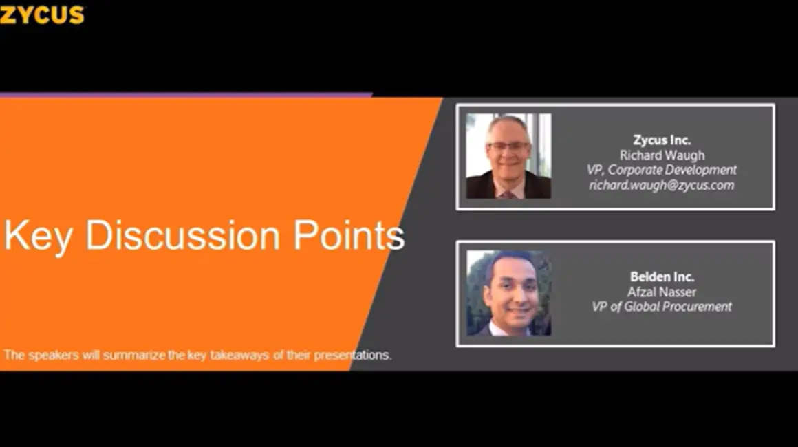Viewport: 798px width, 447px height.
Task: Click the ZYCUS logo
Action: [x=42, y=14]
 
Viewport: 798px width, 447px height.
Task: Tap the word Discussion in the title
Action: [x=182, y=235]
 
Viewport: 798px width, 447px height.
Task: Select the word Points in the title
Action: [x=349, y=235]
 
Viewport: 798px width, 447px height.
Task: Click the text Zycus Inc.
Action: [x=662, y=140]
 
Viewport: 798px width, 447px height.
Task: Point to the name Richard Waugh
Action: [x=662, y=155]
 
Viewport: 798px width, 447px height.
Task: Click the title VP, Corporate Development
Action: [x=662, y=170]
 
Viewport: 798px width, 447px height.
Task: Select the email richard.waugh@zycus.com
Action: [x=662, y=185]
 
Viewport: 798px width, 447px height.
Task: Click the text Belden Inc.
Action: [x=662, y=276]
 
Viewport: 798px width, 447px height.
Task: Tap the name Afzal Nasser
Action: [x=662, y=292]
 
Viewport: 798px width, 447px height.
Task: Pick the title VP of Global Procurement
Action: [x=662, y=307]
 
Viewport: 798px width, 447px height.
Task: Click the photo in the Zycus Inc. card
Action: [x=508, y=155]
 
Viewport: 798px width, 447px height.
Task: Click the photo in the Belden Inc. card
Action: [x=508, y=293]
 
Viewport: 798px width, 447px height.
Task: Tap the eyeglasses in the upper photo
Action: [x=508, y=146]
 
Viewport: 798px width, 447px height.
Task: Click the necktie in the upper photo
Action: [x=508, y=194]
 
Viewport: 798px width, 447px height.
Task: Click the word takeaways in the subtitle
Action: [x=239, y=355]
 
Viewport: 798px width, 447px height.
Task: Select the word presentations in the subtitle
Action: [x=353, y=355]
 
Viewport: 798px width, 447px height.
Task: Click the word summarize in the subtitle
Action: [x=134, y=355]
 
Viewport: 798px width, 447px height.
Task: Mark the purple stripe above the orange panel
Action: [x=186, y=95]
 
